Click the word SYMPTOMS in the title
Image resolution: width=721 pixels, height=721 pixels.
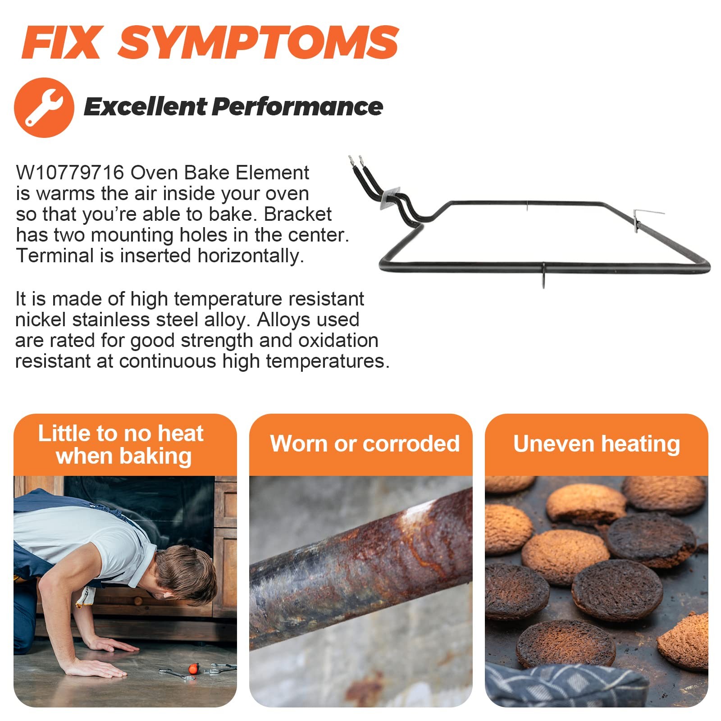(x=258, y=42)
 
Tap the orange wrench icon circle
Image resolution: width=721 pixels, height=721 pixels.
(x=44, y=107)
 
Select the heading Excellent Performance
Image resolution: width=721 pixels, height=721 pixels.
(x=233, y=107)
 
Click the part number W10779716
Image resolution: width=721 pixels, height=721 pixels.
(x=70, y=173)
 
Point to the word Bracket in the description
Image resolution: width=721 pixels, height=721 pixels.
(x=298, y=214)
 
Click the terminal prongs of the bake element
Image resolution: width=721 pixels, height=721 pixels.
(x=355, y=161)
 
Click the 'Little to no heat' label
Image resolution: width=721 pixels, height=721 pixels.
(x=121, y=444)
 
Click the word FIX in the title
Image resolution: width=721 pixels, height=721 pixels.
(x=62, y=42)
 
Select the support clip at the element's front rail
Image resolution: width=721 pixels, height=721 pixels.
(x=544, y=275)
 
